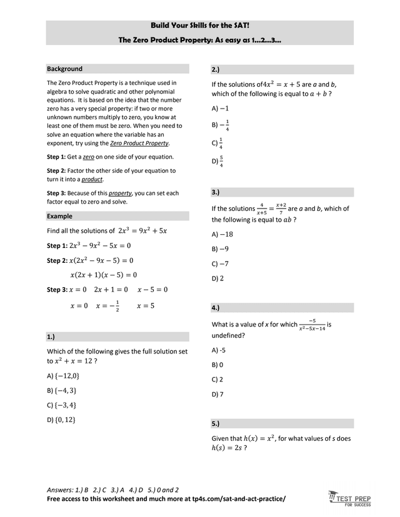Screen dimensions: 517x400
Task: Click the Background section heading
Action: [65, 69]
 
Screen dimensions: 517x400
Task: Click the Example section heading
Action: [60, 216]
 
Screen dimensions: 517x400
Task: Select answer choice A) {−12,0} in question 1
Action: [63, 376]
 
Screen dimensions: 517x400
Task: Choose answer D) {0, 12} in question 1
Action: [61, 420]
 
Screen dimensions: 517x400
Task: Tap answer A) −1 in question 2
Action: [221, 108]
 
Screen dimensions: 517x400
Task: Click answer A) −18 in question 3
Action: [222, 234]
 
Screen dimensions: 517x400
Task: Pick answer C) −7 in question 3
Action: [221, 263]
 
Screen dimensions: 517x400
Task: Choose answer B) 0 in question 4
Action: [217, 365]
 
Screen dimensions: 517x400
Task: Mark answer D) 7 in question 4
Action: [217, 394]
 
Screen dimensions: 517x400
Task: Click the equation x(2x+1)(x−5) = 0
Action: [104, 275]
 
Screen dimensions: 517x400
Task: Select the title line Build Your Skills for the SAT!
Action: [199, 26]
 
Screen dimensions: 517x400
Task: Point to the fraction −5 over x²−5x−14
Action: [312, 325]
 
